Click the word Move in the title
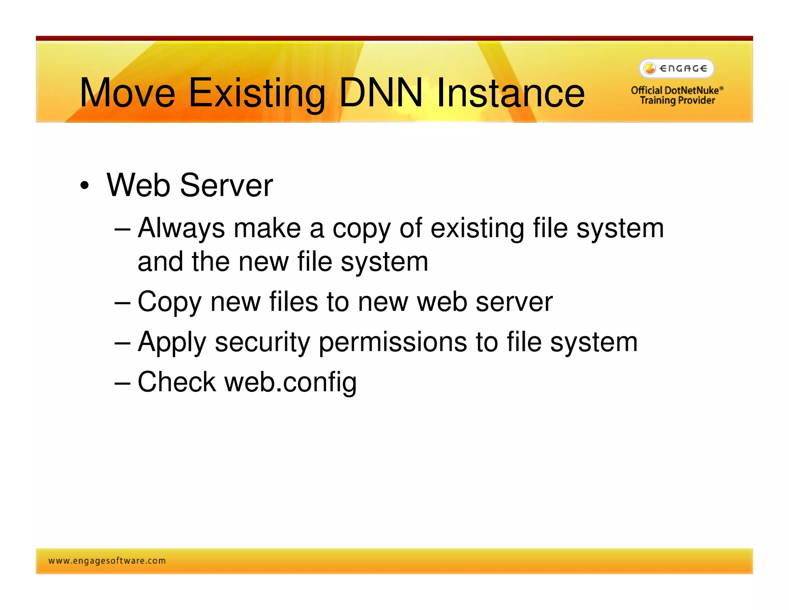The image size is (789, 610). (x=128, y=93)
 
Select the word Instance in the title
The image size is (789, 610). (x=510, y=93)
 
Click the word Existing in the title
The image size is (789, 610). (x=257, y=94)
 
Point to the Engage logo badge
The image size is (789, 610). (x=677, y=69)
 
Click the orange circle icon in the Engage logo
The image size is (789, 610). (x=650, y=69)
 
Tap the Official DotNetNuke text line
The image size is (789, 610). (x=677, y=90)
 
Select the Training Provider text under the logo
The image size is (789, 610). (x=677, y=101)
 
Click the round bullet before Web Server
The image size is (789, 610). (x=84, y=186)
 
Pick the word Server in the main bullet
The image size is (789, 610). (x=226, y=185)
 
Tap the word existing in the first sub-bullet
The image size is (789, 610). (x=477, y=228)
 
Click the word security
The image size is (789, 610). (x=262, y=342)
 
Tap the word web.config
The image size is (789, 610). (x=290, y=383)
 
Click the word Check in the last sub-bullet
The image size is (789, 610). (x=177, y=382)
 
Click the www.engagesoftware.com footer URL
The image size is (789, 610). (x=107, y=561)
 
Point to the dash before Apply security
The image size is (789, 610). (x=123, y=342)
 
